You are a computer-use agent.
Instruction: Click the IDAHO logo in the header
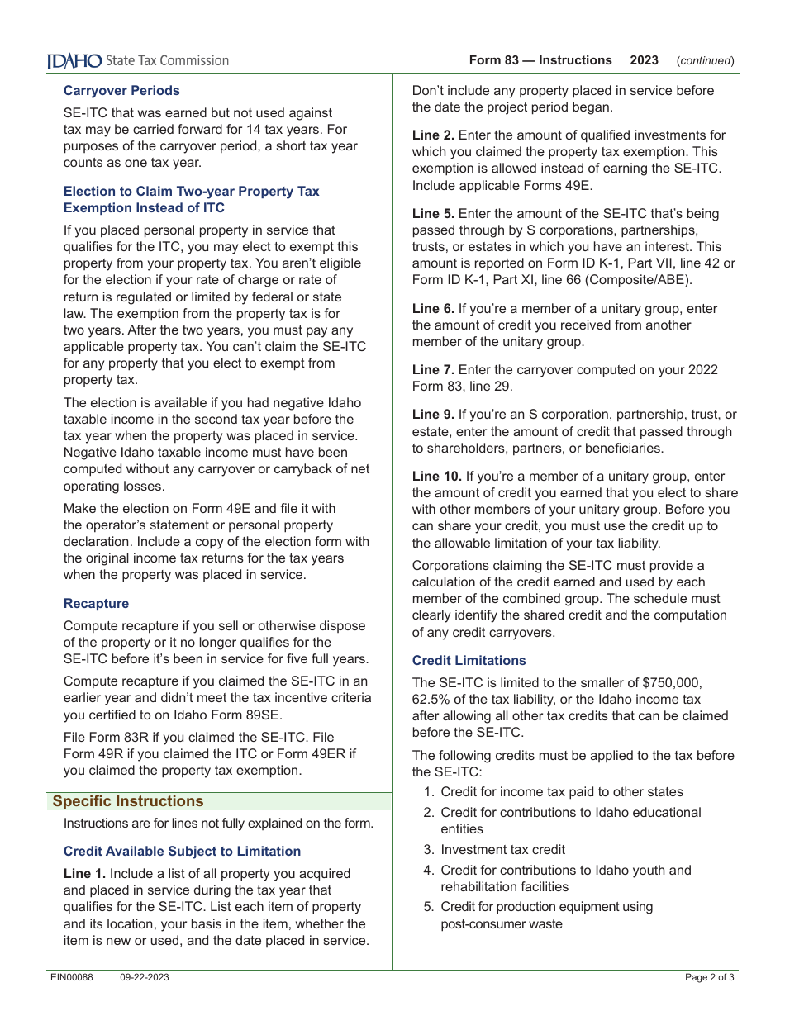pyautogui.click(x=74, y=60)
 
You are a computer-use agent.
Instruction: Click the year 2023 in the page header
pyautogui.click(x=644, y=60)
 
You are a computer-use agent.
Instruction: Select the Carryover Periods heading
pyautogui.click(x=121, y=91)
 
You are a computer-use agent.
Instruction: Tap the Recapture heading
pyautogui.click(x=96, y=604)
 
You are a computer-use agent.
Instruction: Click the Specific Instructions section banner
pyautogui.click(x=128, y=801)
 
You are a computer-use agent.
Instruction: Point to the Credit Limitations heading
pyautogui.click(x=469, y=661)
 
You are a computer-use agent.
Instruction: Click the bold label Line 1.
pyautogui.click(x=84, y=874)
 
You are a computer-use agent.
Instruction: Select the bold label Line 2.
pyautogui.click(x=433, y=135)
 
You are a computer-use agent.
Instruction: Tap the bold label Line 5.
pyautogui.click(x=433, y=214)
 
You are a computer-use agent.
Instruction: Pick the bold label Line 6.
pyautogui.click(x=433, y=309)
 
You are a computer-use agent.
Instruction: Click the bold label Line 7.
pyautogui.click(x=433, y=370)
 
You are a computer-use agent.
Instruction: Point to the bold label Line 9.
pyautogui.click(x=433, y=415)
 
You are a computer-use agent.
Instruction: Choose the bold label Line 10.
pyautogui.click(x=436, y=477)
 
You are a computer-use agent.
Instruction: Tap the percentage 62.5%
pyautogui.click(x=431, y=700)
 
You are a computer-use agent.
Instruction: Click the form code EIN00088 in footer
pyautogui.click(x=72, y=978)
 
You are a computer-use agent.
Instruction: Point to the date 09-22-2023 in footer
pyautogui.click(x=145, y=978)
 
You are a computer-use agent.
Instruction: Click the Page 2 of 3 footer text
pyautogui.click(x=709, y=978)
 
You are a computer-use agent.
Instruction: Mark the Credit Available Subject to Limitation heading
pyautogui.click(x=182, y=852)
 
